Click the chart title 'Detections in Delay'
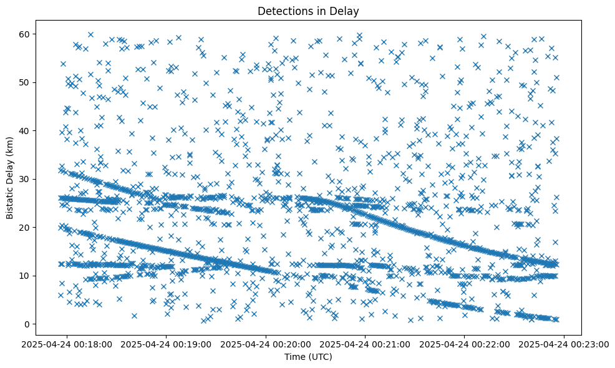tap(308, 11)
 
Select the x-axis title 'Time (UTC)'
tap(308, 357)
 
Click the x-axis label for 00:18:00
tap(67, 344)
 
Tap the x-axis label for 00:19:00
tap(167, 344)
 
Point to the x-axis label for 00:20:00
tap(266, 344)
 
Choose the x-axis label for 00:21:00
tap(366, 344)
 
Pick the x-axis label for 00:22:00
tap(465, 344)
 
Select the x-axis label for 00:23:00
tap(564, 344)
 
